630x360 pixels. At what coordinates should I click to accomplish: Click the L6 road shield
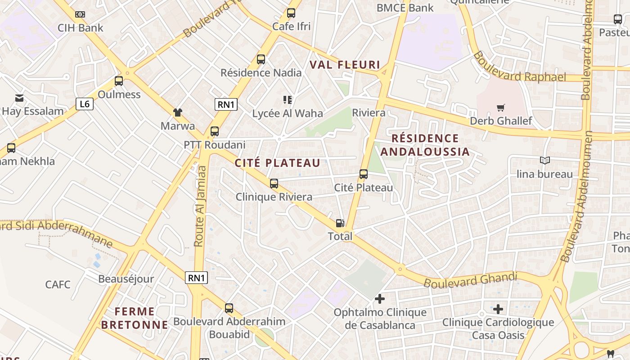[84, 104]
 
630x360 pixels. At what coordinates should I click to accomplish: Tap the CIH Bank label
[80, 28]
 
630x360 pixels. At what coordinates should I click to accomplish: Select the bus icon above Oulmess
[119, 81]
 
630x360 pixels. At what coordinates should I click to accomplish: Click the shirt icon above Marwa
[178, 112]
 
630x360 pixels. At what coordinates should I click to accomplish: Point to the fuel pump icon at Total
[340, 223]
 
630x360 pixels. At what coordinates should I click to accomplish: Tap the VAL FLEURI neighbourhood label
[345, 65]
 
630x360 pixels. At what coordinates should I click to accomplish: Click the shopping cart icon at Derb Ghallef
[500, 108]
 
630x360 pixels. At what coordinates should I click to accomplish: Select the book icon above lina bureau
[544, 160]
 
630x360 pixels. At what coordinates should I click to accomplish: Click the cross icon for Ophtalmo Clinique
[380, 298]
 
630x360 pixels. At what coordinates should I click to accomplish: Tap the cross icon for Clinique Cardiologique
[498, 309]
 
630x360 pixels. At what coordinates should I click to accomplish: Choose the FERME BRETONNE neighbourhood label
[135, 318]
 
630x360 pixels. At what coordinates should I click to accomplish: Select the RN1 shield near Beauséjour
[196, 278]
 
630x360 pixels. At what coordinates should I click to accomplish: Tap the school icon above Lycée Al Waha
[288, 99]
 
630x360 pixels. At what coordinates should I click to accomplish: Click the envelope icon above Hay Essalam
[19, 98]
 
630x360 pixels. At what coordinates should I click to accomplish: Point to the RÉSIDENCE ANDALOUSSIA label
[425, 145]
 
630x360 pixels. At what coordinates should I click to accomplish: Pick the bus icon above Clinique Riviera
[274, 184]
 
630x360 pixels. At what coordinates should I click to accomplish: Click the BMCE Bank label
[405, 8]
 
